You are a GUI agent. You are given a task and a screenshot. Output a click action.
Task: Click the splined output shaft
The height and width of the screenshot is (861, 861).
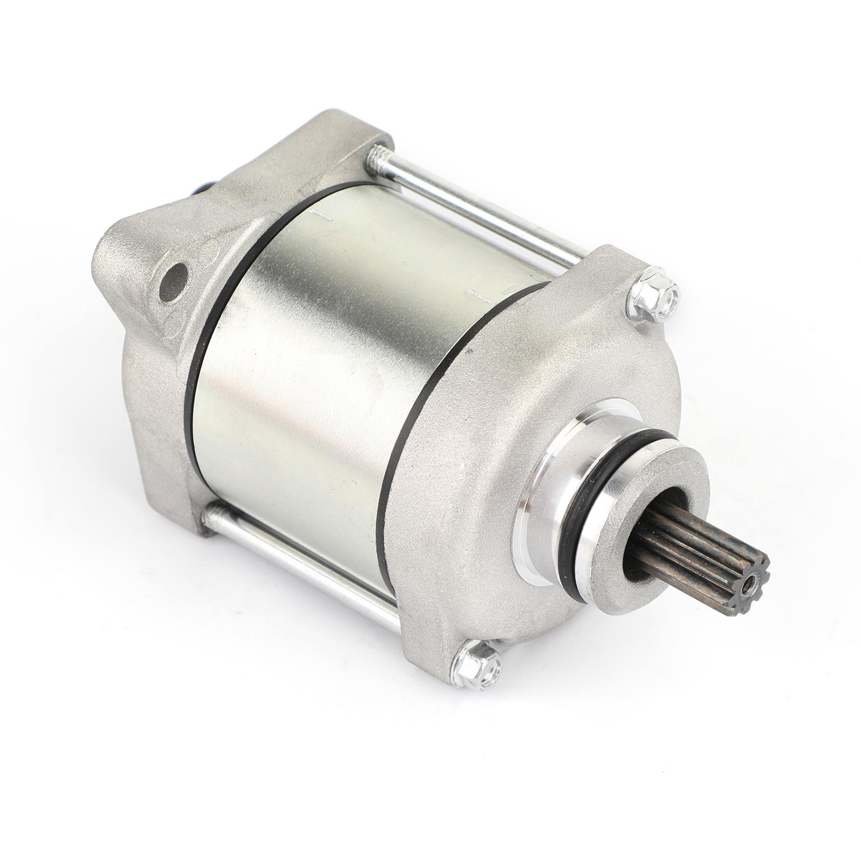pyautogui.click(x=694, y=544)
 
